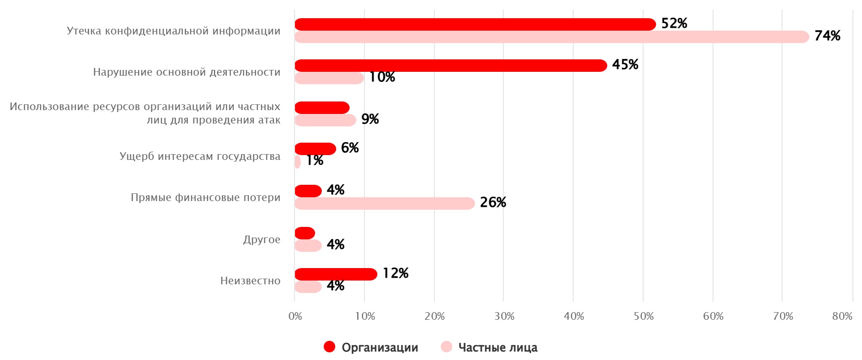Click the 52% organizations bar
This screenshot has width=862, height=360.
tap(474, 24)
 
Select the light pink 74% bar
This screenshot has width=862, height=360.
tap(551, 37)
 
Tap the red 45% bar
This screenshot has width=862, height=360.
tap(450, 66)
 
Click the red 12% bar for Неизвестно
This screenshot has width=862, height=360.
tap(335, 274)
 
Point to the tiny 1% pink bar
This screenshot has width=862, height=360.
tap(297, 162)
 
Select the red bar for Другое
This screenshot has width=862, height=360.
tap(305, 233)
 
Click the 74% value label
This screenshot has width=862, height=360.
tap(827, 36)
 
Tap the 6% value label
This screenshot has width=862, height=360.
tap(350, 148)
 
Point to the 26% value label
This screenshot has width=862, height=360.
tap(493, 202)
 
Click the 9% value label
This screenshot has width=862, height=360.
tap(370, 119)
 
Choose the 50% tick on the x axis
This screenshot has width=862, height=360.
tap(643, 316)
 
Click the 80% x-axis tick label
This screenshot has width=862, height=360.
tap(842, 316)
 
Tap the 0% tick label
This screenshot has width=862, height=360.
tap(295, 316)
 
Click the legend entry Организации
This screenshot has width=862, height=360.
tap(379, 348)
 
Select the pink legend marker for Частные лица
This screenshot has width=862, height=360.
tap(446, 347)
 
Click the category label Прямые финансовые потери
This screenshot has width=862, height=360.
tap(205, 198)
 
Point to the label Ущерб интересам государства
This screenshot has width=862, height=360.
tap(200, 157)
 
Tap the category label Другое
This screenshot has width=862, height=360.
tap(261, 239)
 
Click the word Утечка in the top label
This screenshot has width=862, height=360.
tap(84, 31)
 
